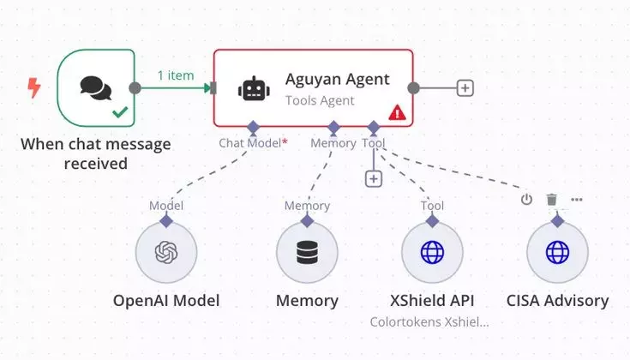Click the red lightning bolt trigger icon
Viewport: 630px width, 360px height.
pyautogui.click(x=34, y=87)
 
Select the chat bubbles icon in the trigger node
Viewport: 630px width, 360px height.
pyautogui.click(x=95, y=87)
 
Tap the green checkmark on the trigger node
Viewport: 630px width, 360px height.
pyautogui.click(x=119, y=111)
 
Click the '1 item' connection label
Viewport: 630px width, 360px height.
pyautogui.click(x=175, y=75)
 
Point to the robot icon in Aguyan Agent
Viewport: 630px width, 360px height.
pyautogui.click(x=253, y=87)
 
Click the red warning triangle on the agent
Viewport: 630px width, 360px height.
pyautogui.click(x=397, y=112)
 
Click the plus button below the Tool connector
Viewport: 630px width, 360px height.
pyautogui.click(x=373, y=178)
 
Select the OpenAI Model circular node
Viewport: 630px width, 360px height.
pyautogui.click(x=166, y=253)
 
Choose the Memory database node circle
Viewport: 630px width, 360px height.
pyautogui.click(x=307, y=253)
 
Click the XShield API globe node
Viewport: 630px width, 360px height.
pyautogui.click(x=433, y=253)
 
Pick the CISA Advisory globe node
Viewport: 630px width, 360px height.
pyautogui.click(x=557, y=253)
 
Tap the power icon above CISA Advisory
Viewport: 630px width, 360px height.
pyautogui.click(x=526, y=200)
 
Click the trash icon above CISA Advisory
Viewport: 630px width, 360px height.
pyautogui.click(x=551, y=200)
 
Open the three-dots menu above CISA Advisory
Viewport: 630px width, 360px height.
pyautogui.click(x=577, y=200)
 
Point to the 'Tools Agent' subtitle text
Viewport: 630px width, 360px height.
pyautogui.click(x=319, y=100)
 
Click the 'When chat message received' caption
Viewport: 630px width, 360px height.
pyautogui.click(x=95, y=153)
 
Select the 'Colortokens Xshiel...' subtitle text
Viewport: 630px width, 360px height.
pyautogui.click(x=430, y=322)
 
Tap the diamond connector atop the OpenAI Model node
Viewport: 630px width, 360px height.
pyautogui.click(x=166, y=220)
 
